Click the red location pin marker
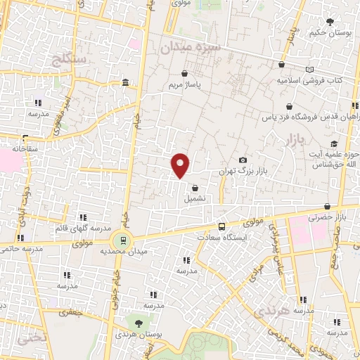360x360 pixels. click(181, 165)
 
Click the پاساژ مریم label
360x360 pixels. click(184, 85)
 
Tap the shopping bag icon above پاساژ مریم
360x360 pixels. click(184, 73)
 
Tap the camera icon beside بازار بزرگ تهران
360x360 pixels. click(243, 161)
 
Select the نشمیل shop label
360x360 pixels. click(195, 199)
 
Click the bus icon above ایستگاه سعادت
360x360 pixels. click(222, 226)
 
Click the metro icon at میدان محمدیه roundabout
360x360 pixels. click(124, 240)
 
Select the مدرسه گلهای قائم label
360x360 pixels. click(82, 229)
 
